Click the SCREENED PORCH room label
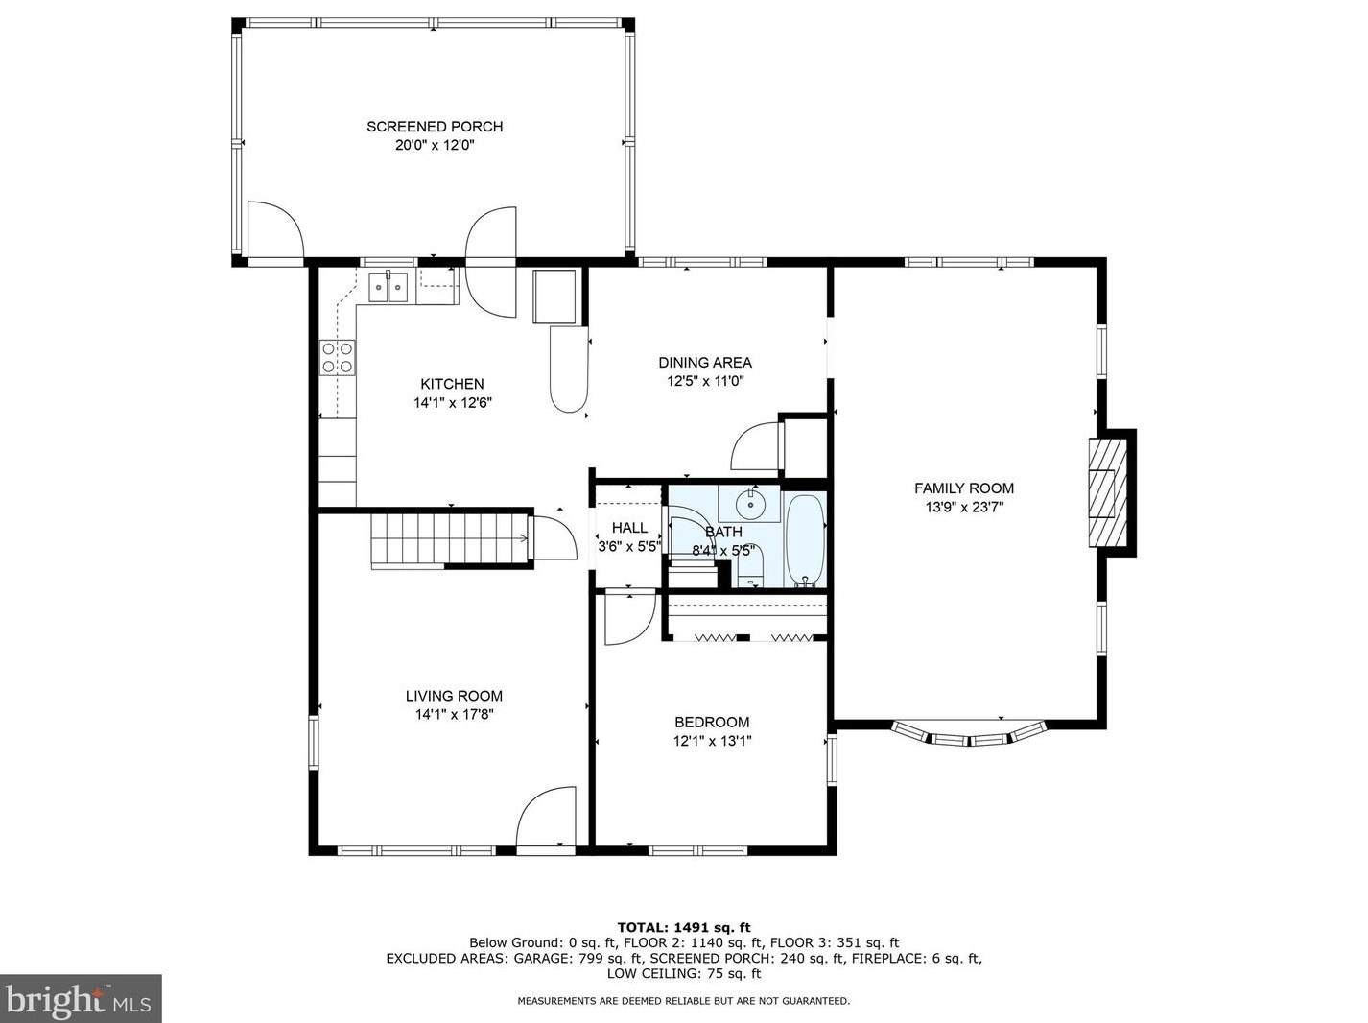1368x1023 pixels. (x=435, y=127)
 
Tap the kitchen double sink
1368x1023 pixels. (x=388, y=287)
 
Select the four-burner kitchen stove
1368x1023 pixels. (x=337, y=358)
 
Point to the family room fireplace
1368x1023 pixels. (x=1107, y=492)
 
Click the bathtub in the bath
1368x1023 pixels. (x=805, y=540)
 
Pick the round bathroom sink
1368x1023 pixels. (x=748, y=501)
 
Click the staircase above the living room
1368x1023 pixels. (x=450, y=540)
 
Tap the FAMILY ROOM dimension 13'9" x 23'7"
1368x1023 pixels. (x=963, y=507)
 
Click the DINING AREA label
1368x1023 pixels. (x=705, y=362)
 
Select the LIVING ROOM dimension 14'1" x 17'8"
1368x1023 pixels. (x=455, y=714)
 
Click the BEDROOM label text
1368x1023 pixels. (x=712, y=722)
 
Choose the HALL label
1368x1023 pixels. (x=629, y=528)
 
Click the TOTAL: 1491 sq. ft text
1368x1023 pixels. (x=684, y=928)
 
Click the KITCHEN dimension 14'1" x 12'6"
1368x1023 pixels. (x=453, y=403)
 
